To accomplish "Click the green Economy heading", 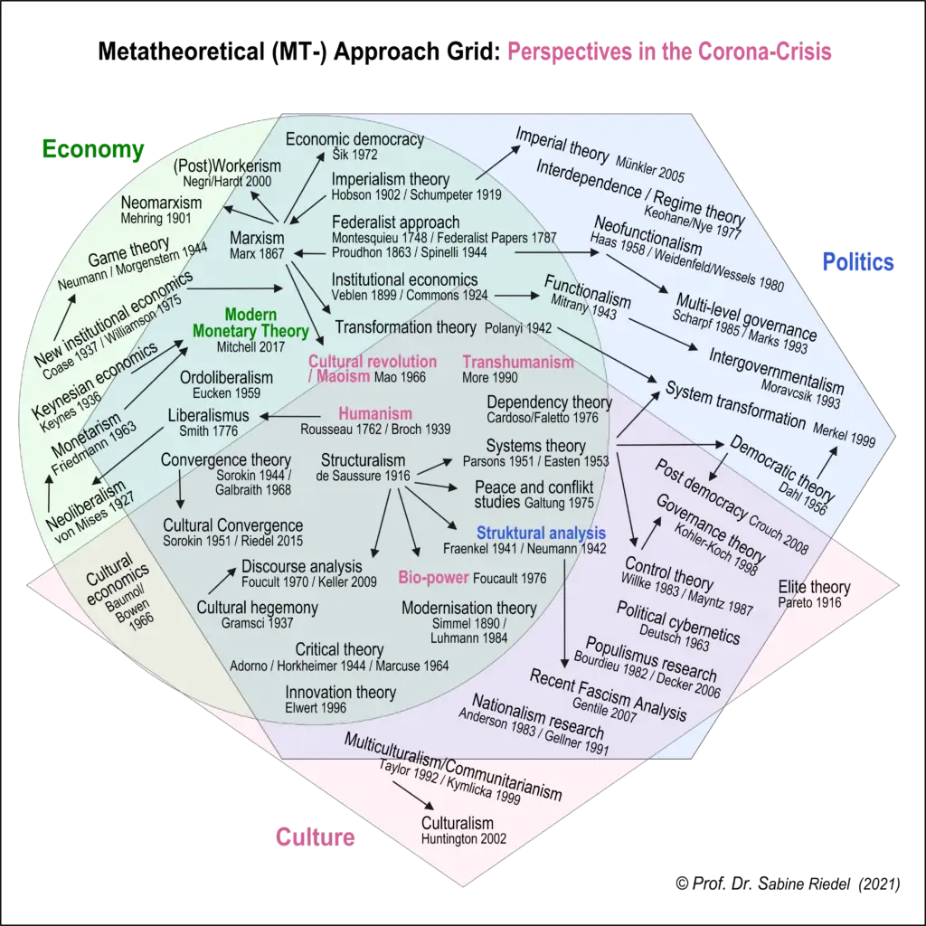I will [92, 150].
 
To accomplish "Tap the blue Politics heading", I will [857, 262].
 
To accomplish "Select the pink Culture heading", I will [315, 836].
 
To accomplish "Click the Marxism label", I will [258, 239].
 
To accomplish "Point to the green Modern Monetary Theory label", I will [238, 323].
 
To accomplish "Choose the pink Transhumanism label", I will [518, 362].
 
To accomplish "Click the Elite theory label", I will [814, 588].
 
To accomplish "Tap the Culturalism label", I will [458, 823].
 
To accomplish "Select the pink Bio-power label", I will [433, 578].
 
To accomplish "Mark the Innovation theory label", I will [340, 693].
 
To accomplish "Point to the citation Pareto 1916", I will [809, 603].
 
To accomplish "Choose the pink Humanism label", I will [375, 414].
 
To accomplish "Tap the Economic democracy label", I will [354, 139].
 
